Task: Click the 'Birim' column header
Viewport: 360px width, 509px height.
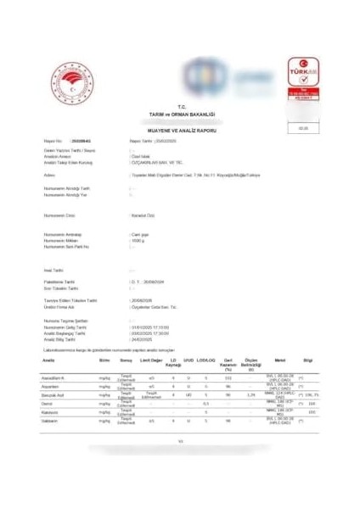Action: pyautogui.click(x=104, y=360)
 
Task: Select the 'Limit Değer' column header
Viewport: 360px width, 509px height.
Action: pyautogui.click(x=152, y=360)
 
